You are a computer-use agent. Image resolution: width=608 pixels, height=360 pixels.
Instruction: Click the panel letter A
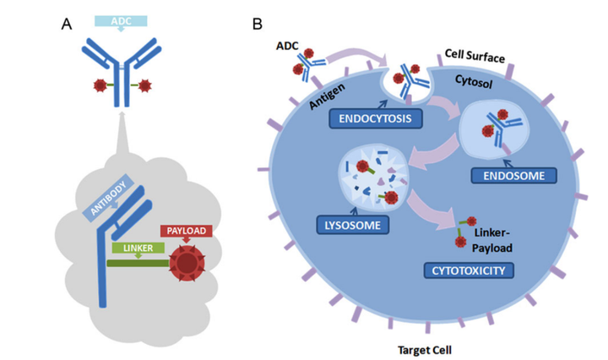coord(67,23)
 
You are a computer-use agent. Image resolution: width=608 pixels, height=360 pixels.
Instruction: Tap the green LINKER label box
coord(132,248)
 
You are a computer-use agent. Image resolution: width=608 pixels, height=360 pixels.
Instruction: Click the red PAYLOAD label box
coord(184,230)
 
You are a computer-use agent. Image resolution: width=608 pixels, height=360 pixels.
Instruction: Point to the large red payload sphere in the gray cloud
coord(186,264)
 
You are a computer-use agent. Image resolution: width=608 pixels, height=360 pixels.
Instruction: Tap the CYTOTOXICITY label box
coord(470,270)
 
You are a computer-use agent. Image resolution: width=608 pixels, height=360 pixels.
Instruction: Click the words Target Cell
coord(426,347)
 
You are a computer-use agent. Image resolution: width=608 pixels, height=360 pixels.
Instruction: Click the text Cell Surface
coord(475,57)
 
